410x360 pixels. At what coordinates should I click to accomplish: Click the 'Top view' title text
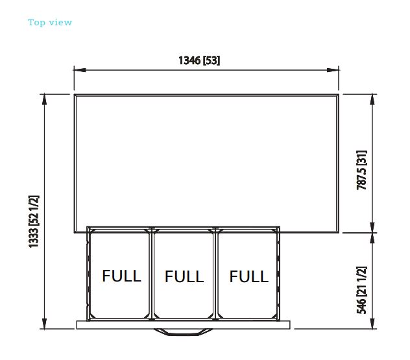50,23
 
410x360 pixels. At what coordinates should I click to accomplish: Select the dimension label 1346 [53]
199,60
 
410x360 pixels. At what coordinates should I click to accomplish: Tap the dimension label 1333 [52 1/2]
34,221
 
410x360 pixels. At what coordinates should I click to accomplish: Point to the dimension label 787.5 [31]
361,170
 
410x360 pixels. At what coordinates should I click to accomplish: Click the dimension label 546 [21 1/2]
361,290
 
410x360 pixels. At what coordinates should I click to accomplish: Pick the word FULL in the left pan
121,276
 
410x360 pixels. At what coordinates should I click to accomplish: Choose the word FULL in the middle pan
184,276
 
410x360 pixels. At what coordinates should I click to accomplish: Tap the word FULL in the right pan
248,276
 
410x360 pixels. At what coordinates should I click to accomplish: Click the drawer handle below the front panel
183,332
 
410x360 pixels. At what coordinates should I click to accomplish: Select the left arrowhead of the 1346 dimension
80,70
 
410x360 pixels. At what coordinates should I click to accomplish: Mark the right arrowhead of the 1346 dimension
333,70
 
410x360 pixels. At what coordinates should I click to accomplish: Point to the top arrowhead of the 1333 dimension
45,100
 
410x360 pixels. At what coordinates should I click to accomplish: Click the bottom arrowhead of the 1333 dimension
45,323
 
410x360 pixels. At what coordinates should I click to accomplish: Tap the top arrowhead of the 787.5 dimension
372,100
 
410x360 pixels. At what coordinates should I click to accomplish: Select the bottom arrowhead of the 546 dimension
372,323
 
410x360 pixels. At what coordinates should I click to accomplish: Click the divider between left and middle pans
151,274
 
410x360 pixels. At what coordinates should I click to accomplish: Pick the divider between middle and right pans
215,274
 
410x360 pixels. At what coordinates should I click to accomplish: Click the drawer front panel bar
184,325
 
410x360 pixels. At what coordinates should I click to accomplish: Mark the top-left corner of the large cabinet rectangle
74,95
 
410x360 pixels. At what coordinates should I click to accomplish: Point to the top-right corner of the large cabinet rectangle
339,95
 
